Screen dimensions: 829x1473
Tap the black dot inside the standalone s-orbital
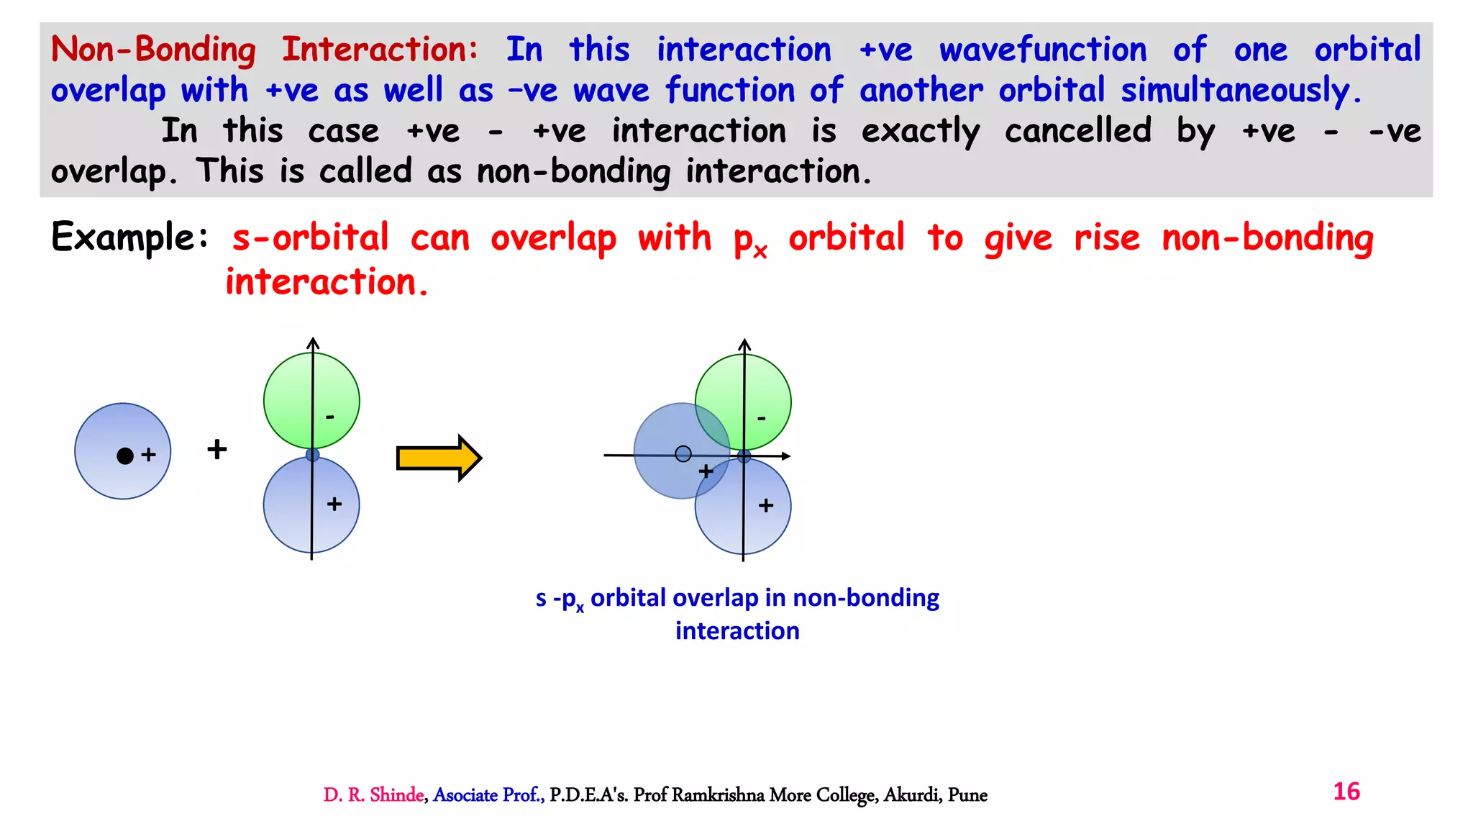pyautogui.click(x=125, y=456)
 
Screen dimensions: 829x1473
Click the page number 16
pyautogui.click(x=1346, y=792)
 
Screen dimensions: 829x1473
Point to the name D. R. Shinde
pyautogui.click(x=373, y=795)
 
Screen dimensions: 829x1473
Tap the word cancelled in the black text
pyautogui.click(x=1077, y=131)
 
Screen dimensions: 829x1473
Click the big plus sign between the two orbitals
pyautogui.click(x=216, y=450)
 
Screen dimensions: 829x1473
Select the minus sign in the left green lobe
pyautogui.click(x=330, y=417)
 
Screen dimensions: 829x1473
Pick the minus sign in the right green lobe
pyautogui.click(x=762, y=418)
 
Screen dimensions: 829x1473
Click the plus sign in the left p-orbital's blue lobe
pyautogui.click(x=334, y=504)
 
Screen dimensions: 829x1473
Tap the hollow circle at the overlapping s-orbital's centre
pyautogui.click(x=683, y=454)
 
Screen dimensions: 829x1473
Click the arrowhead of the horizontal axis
pyautogui.click(x=786, y=456)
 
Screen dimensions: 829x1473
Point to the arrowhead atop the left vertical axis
pyautogui.click(x=312, y=343)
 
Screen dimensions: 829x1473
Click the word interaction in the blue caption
pyautogui.click(x=737, y=631)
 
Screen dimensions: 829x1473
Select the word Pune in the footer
pyautogui.click(x=967, y=795)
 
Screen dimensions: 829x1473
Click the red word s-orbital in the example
pyautogui.click(x=310, y=238)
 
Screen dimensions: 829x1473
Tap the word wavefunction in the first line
pyautogui.click(x=1043, y=50)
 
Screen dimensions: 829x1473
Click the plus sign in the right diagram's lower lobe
pyautogui.click(x=766, y=506)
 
